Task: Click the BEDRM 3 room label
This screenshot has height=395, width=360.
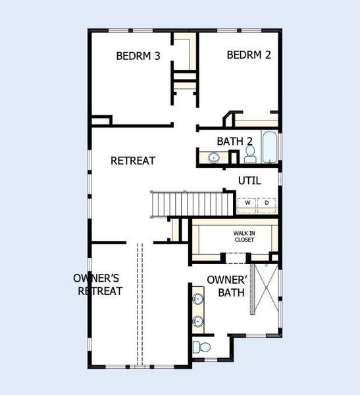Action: pyautogui.click(x=138, y=56)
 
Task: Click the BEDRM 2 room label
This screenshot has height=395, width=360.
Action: pyautogui.click(x=249, y=55)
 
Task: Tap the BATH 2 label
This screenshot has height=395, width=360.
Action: pyautogui.click(x=235, y=141)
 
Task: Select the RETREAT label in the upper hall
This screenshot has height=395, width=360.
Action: pyautogui.click(x=133, y=161)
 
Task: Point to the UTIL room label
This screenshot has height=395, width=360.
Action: pyautogui.click(x=249, y=180)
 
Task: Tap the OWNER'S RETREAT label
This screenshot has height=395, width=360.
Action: pyautogui.click(x=100, y=284)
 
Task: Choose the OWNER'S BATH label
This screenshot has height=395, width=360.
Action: pyautogui.click(x=227, y=286)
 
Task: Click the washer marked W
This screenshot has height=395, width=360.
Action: pyautogui.click(x=247, y=203)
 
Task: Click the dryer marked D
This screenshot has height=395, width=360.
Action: pyautogui.click(x=267, y=203)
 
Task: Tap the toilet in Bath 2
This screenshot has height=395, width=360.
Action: pyautogui.click(x=250, y=154)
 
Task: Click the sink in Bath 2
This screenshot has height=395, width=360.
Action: pyautogui.click(x=214, y=157)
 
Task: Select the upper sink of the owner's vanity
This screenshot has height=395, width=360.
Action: pyautogui.click(x=198, y=300)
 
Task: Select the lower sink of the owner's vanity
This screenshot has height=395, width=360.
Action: pyautogui.click(x=198, y=322)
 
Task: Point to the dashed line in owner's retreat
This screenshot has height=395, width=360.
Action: pyautogui.click(x=139, y=303)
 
